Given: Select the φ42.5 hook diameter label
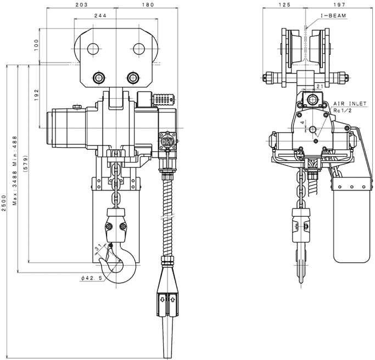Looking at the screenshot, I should [x=92, y=278].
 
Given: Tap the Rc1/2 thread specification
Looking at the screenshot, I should [x=343, y=110].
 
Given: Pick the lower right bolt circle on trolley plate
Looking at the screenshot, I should [x=132, y=77].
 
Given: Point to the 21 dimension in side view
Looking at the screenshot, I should [x=320, y=86].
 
